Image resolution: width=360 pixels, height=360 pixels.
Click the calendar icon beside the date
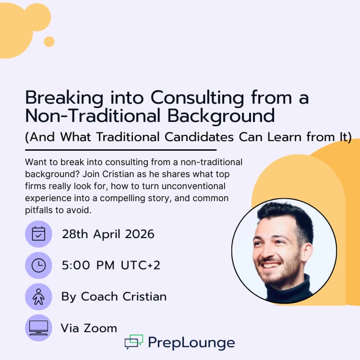click(38, 234)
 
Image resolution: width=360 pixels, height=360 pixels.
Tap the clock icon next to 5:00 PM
click(38, 265)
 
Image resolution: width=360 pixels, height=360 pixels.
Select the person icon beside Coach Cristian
click(38, 297)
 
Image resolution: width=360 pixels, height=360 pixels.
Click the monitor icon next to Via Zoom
click(38, 328)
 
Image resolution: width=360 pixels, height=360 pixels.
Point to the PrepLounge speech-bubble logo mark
click(134, 342)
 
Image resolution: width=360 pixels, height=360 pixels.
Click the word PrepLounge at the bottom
click(191, 343)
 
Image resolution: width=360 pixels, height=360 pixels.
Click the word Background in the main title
click(221, 116)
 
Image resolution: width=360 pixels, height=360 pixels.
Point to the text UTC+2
click(140, 265)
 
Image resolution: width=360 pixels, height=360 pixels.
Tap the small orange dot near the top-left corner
click(49, 42)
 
